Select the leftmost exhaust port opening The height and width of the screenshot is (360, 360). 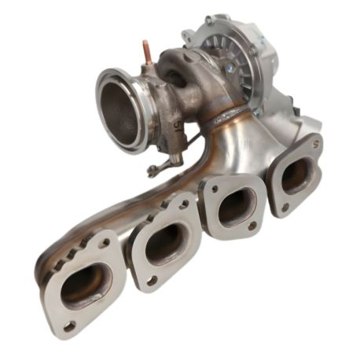tap(85, 284)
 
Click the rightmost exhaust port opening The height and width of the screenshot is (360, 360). tap(296, 174)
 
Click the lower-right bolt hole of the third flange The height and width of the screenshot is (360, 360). tap(252, 226)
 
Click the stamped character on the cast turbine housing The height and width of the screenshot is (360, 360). tap(178, 123)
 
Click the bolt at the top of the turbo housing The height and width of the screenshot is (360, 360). tap(208, 20)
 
